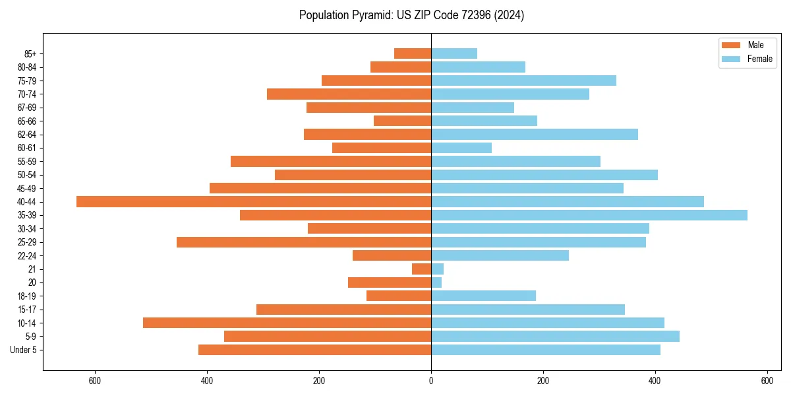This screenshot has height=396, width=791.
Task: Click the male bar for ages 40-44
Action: tap(254, 202)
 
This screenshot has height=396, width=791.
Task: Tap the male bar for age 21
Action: tap(422, 269)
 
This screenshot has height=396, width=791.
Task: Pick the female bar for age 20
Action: tap(436, 282)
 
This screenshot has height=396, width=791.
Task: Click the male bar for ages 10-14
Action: tap(287, 323)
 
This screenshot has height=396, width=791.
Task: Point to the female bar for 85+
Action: tap(454, 53)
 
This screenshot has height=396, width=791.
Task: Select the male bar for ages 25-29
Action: tap(304, 242)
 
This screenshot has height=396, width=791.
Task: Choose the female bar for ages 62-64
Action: tap(535, 135)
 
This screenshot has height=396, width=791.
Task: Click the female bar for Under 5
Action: tap(546, 350)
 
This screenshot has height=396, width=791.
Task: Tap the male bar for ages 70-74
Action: tap(349, 94)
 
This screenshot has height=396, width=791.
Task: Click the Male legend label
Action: tap(755, 45)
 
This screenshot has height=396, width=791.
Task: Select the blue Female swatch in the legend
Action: tap(732, 59)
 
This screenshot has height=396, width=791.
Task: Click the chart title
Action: tap(411, 15)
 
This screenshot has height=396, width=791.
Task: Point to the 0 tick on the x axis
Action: tap(431, 381)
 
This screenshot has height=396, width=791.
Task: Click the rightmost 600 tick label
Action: tap(767, 381)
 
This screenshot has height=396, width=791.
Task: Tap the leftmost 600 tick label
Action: tap(95, 381)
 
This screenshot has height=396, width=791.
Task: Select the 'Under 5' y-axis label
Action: tap(24, 350)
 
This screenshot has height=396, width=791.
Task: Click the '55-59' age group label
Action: tap(27, 162)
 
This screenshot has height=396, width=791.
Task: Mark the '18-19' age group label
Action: tap(27, 296)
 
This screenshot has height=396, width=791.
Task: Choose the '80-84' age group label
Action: tap(27, 67)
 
